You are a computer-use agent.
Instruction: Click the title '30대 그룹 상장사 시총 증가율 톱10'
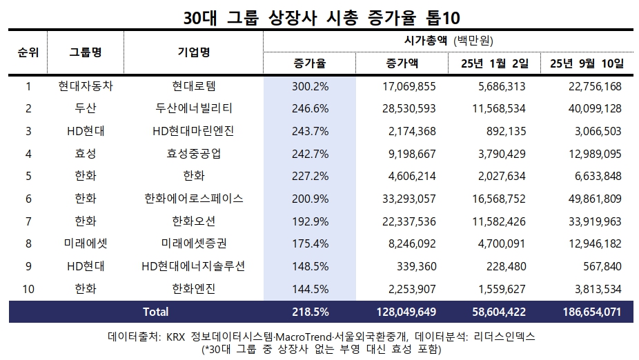[319, 16]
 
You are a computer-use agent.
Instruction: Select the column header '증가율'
[309, 63]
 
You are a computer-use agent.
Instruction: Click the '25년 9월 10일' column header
[587, 63]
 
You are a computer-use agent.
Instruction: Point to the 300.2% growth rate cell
[309, 86]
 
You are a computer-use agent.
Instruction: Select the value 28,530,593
[407, 108]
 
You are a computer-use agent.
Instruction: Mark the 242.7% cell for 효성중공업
[309, 154]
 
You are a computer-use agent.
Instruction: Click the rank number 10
[28, 289]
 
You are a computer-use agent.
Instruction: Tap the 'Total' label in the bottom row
[155, 312]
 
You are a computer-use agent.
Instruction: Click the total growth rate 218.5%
[309, 312]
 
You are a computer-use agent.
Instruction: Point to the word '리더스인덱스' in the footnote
[505, 337]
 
